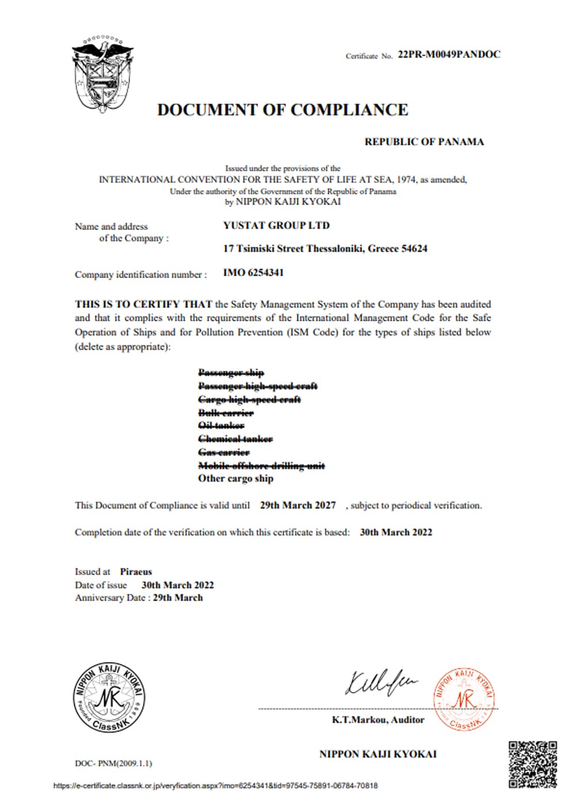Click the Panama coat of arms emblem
click(102, 72)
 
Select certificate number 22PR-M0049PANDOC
click(449, 55)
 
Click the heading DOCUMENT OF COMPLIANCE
click(282, 110)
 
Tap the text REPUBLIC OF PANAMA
click(424, 142)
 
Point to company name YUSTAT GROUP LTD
click(276, 225)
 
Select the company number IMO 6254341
click(253, 272)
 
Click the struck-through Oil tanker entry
click(221, 425)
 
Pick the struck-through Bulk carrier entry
click(225, 413)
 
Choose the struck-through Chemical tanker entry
click(235, 439)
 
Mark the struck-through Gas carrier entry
click(224, 452)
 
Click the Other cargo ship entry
click(235, 478)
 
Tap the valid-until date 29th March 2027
click(297, 505)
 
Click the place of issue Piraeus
click(136, 571)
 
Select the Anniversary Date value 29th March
click(178, 598)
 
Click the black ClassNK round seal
click(109, 698)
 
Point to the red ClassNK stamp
click(464, 699)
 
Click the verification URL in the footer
click(215, 785)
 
